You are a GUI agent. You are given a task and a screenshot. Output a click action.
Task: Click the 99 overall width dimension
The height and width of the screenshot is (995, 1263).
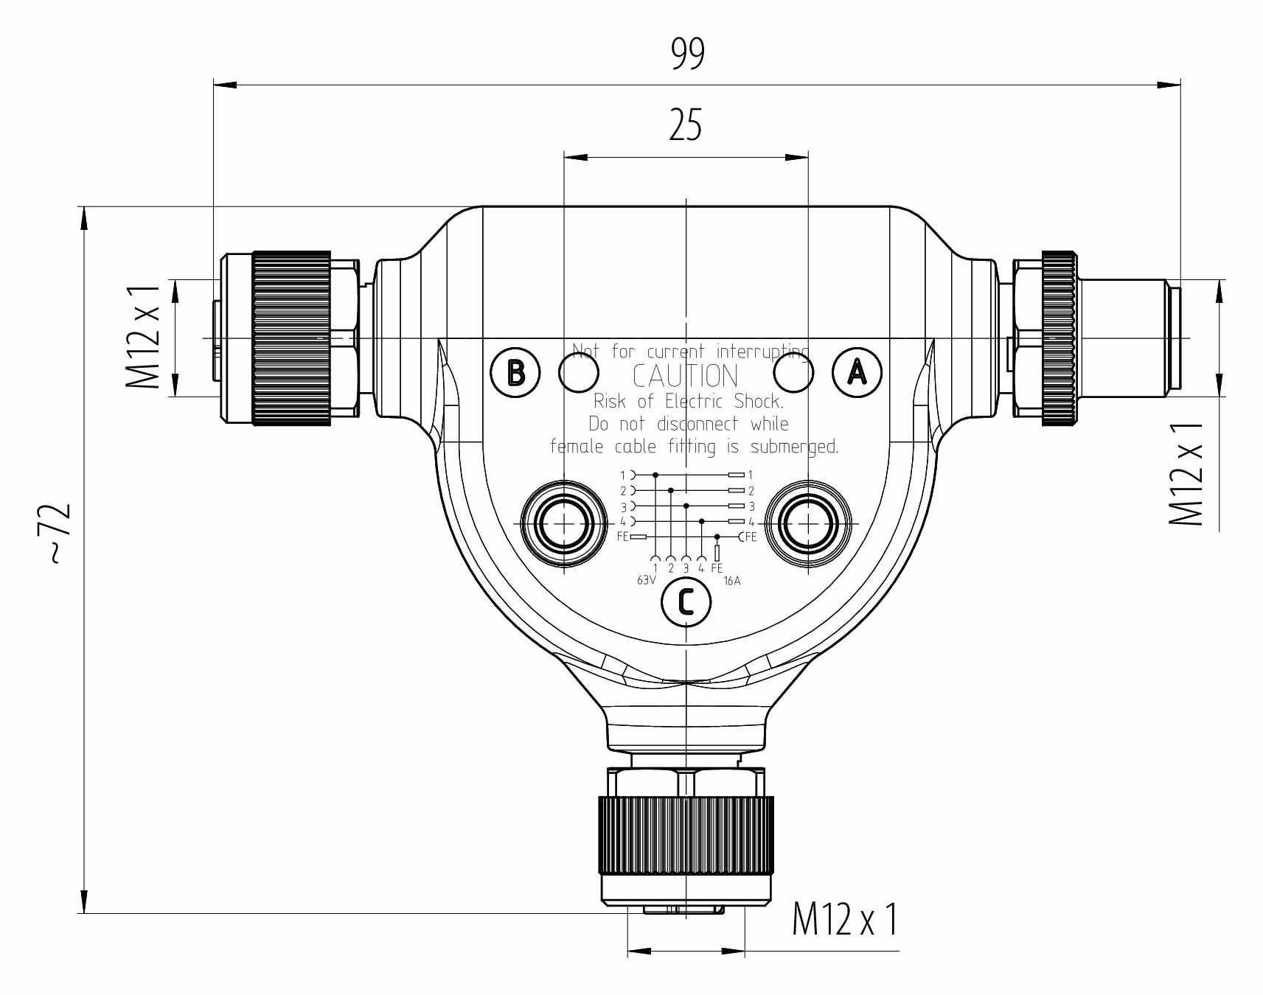[687, 54]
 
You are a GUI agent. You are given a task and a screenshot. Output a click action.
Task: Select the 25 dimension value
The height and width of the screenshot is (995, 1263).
[685, 125]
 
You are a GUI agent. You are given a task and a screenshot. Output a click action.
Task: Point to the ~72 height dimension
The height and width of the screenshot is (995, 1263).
[59, 534]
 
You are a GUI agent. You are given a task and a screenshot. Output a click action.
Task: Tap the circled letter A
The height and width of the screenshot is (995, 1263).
[857, 372]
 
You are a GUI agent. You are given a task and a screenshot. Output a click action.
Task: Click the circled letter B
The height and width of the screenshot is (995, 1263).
[515, 373]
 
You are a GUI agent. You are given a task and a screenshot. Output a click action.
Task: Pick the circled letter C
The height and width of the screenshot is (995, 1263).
[686, 602]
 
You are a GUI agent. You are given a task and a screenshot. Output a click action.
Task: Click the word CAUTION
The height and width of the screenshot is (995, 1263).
[685, 377]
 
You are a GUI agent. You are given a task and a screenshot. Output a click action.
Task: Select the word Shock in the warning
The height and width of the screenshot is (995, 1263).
[759, 401]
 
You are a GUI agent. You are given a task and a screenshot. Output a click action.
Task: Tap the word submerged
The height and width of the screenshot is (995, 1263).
[794, 447]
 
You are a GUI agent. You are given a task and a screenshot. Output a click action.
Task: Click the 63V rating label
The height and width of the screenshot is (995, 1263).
[646, 581]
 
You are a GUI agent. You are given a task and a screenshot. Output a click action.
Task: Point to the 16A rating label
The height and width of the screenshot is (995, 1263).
[731, 581]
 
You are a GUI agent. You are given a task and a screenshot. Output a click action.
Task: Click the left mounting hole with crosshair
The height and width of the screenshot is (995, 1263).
[564, 524]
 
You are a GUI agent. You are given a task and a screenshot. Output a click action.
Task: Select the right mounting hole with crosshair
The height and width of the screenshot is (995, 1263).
[808, 524]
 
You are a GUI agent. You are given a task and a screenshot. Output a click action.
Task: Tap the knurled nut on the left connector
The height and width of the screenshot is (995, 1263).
[291, 338]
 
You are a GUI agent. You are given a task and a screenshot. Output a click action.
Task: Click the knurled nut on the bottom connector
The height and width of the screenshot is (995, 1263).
[686, 835]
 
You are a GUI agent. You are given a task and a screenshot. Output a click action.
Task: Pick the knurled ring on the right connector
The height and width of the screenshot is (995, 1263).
[1059, 338]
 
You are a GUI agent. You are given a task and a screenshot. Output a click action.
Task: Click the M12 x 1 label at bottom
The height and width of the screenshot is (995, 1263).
[845, 920]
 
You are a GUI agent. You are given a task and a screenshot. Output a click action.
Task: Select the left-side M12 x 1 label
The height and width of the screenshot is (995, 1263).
[143, 337]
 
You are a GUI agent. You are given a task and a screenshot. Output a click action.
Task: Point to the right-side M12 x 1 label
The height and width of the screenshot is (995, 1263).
[1186, 474]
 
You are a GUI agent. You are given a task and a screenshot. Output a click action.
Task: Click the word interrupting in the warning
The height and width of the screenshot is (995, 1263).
[762, 352]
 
